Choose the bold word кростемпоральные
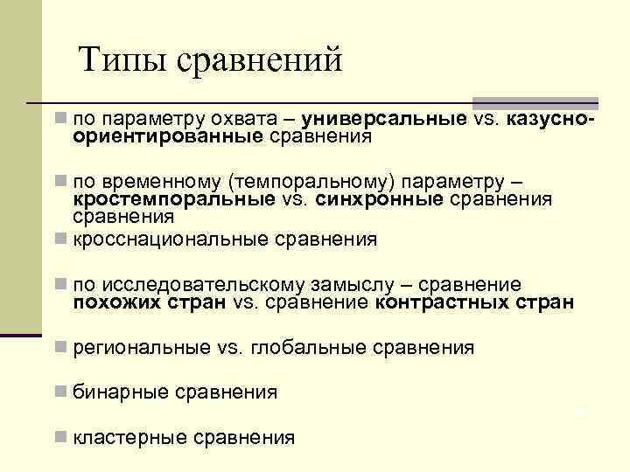[165, 199]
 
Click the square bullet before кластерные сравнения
[59, 436]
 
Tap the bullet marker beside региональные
[59, 346]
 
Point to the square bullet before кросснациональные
[59, 238]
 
